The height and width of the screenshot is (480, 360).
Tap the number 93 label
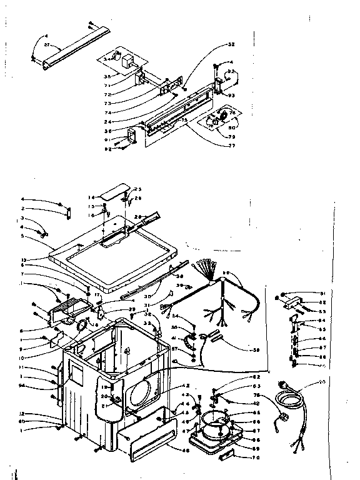coord(231,95)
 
